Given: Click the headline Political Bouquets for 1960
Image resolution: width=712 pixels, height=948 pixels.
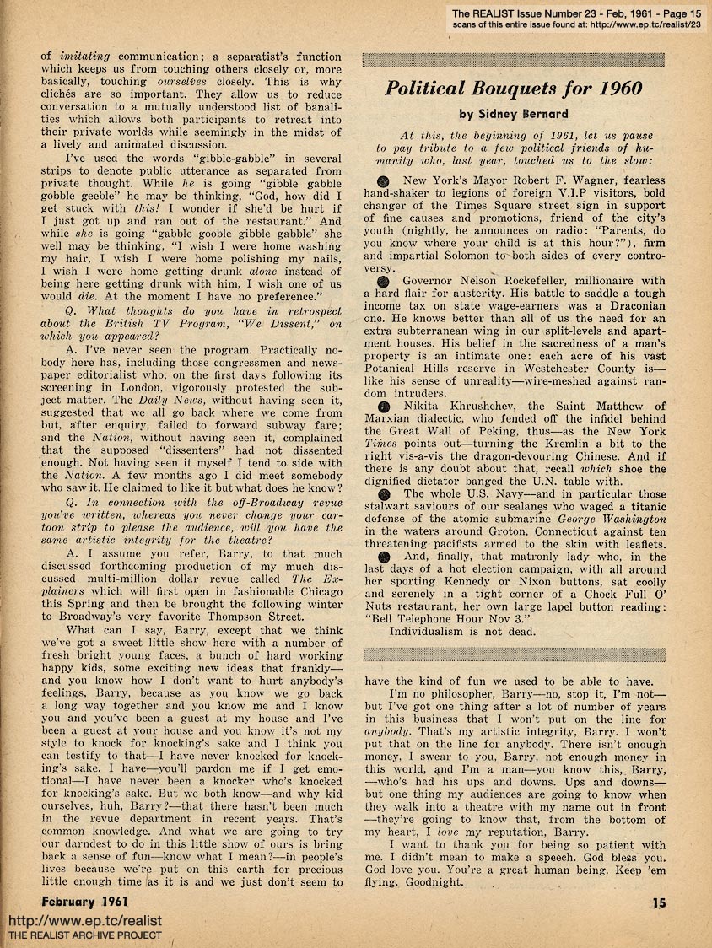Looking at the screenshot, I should point(513,89).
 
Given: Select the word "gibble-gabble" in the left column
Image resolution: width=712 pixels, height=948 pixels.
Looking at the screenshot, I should point(214,159).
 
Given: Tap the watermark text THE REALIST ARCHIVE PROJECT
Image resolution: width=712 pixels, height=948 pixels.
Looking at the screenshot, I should point(84,936).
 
